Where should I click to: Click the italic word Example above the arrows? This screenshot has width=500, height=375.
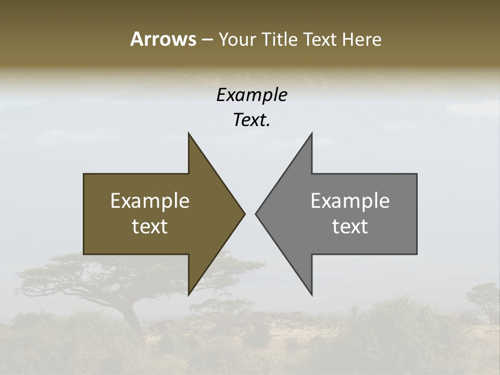[x=252, y=95]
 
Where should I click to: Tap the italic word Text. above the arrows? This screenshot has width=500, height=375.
[x=252, y=120]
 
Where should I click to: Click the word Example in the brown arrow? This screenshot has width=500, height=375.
[x=150, y=201]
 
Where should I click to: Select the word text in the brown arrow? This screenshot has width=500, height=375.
[x=150, y=226]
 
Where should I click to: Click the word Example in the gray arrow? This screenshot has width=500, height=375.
[x=350, y=201]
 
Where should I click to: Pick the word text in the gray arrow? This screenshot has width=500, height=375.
[x=350, y=226]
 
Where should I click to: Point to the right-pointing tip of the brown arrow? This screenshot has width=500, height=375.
[x=244, y=214]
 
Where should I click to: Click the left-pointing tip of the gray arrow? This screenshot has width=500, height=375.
[x=256, y=214]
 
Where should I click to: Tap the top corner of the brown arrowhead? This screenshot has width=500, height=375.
[x=189, y=133]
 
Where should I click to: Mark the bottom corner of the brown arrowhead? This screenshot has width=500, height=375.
[x=189, y=295]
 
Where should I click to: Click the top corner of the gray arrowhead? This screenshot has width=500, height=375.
[x=311, y=133]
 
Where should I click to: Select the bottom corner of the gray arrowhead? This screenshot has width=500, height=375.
[x=311, y=295]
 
